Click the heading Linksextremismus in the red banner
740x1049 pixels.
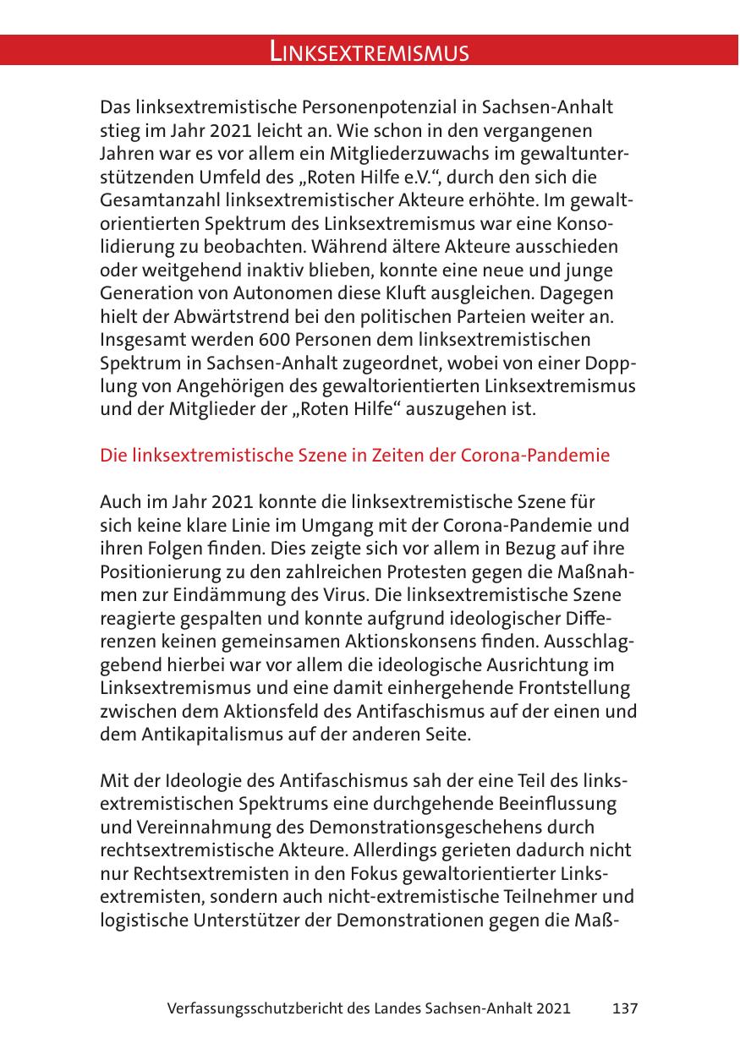(x=370, y=52)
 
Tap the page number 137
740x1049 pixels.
(x=624, y=1008)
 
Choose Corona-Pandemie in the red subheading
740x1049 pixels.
(x=534, y=455)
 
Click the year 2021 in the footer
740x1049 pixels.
(x=551, y=1008)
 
